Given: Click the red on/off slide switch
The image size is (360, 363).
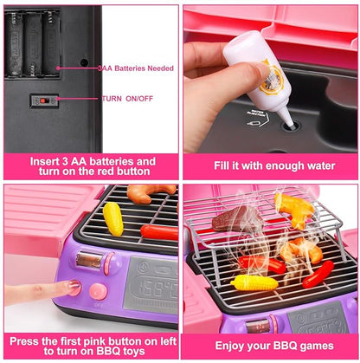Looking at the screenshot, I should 40,100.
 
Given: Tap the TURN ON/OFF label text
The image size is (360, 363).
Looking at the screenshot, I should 127,99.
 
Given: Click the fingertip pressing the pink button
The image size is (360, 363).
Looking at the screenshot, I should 70,287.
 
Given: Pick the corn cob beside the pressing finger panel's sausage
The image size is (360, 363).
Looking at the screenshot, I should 113,218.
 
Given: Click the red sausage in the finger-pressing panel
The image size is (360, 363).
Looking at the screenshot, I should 159,231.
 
